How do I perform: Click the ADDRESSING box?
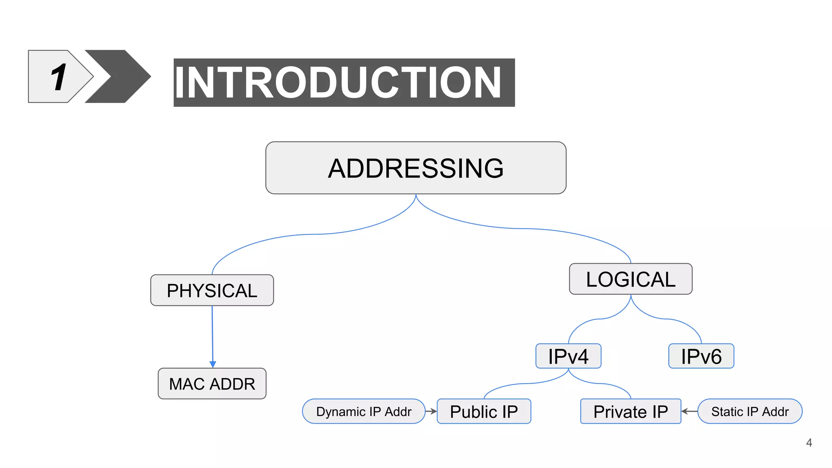pyautogui.click(x=416, y=168)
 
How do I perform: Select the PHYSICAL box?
pyautogui.click(x=212, y=290)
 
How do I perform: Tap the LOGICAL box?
pyautogui.click(x=630, y=279)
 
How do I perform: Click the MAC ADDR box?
pyautogui.click(x=212, y=383)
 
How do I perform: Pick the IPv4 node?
pyautogui.click(x=568, y=356)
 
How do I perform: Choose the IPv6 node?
pyautogui.click(x=701, y=356)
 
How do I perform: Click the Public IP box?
pyautogui.click(x=483, y=411)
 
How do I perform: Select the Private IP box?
pyautogui.click(x=630, y=411)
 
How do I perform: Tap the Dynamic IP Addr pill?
pyautogui.click(x=363, y=411)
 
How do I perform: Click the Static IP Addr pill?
pyautogui.click(x=750, y=411)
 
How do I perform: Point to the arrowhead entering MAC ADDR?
pyautogui.click(x=212, y=364)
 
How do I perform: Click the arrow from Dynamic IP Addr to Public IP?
pyautogui.click(x=431, y=411)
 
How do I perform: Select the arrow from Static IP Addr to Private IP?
pyautogui.click(x=689, y=411)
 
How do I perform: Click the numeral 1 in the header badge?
pyautogui.click(x=59, y=77)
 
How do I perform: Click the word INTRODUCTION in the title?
pyautogui.click(x=338, y=82)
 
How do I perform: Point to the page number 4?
pyautogui.click(x=809, y=442)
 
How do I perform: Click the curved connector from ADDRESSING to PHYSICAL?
pyautogui.click(x=313, y=234)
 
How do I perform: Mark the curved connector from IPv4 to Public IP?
pyautogui.click(x=526, y=383)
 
